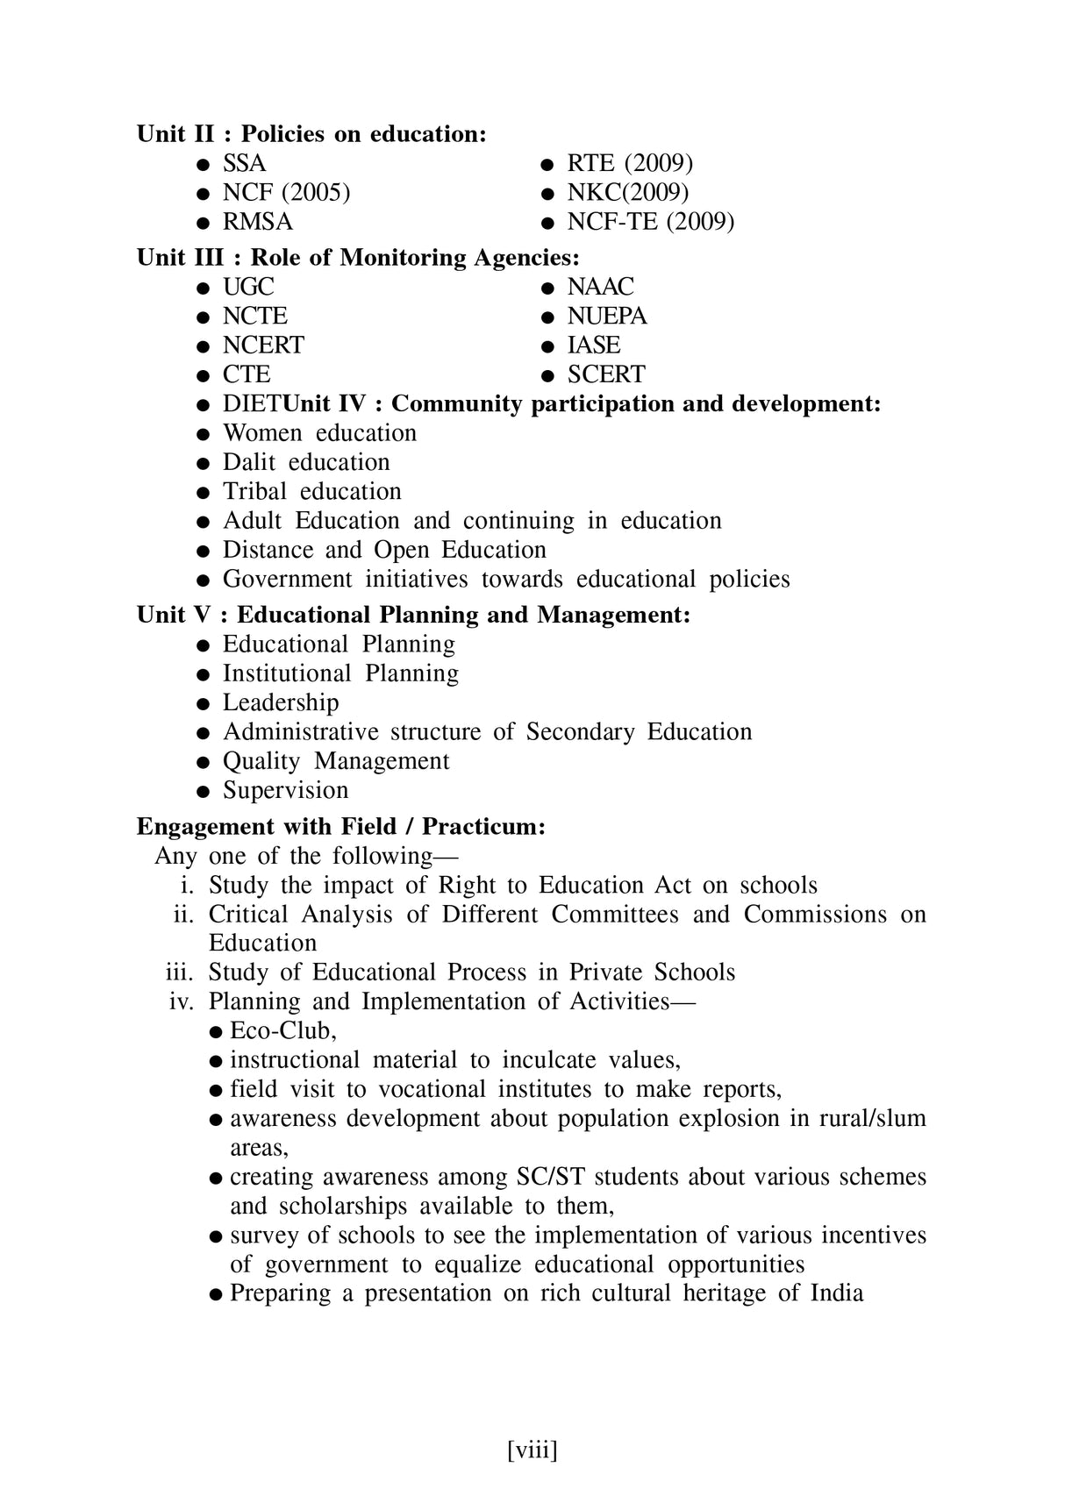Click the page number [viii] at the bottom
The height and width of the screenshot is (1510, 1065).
pyautogui.click(x=532, y=1449)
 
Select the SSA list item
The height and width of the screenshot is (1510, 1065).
pyautogui.click(x=244, y=164)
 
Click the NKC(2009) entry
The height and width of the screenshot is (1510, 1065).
pyautogui.click(x=627, y=193)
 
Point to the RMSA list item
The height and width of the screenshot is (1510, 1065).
pyautogui.click(x=257, y=222)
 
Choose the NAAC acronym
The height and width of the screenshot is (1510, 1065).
pyautogui.click(x=600, y=287)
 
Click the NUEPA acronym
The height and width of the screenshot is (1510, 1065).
pyautogui.click(x=606, y=317)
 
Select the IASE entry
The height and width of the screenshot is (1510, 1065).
pyautogui.click(x=593, y=345)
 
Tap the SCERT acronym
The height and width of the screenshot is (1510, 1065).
pyautogui.click(x=605, y=374)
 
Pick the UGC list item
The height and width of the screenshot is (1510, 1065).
pyautogui.click(x=248, y=287)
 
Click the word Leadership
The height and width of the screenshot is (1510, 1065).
pyautogui.click(x=281, y=703)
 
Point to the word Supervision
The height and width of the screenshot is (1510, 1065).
pyautogui.click(x=285, y=791)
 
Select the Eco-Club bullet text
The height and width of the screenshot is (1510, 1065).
pyautogui.click(x=282, y=1031)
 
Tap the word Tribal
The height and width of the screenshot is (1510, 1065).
pyautogui.click(x=254, y=492)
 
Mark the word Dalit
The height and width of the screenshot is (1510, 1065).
pyautogui.click(x=249, y=463)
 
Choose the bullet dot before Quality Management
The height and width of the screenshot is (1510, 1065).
pyautogui.click(x=203, y=763)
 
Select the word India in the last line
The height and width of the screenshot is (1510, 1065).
pyautogui.click(x=837, y=1293)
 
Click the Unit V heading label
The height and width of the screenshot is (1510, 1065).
pyautogui.click(x=174, y=616)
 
